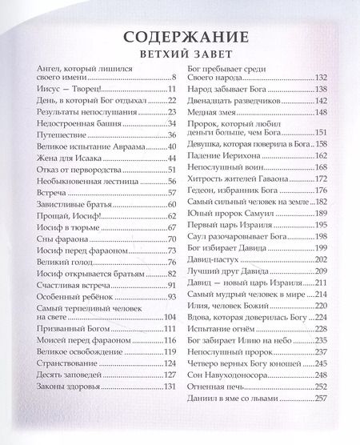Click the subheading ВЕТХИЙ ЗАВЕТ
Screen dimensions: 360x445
[180, 56]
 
